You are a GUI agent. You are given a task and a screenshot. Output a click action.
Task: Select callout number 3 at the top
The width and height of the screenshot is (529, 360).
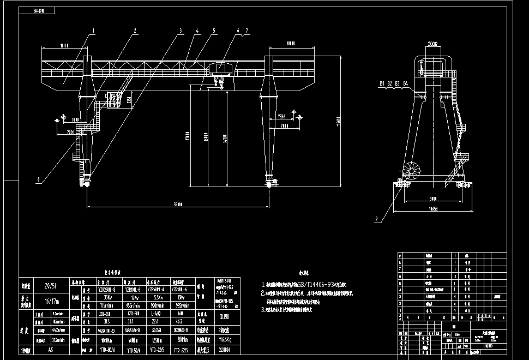click(181, 30)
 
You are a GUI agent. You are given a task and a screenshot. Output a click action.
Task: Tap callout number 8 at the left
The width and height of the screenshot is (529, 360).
click(39, 178)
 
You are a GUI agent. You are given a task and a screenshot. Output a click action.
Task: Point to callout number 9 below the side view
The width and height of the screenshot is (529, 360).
click(376, 220)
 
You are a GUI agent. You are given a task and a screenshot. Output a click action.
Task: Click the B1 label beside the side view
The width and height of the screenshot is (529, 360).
click(382, 83)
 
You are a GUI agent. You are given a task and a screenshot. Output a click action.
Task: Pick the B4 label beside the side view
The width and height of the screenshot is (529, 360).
click(405, 83)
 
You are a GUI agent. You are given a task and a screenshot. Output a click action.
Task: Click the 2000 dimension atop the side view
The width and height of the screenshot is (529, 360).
click(434, 43)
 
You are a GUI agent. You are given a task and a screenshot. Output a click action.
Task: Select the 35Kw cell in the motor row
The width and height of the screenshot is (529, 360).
click(103, 298)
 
